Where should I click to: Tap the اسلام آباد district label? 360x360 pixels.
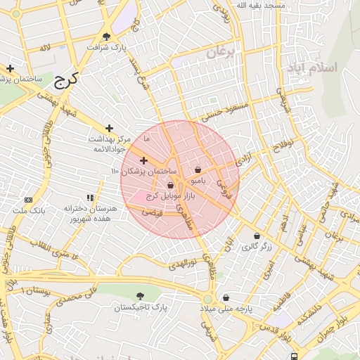[x=312, y=68]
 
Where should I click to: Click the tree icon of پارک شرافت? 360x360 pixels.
[x=107, y=37]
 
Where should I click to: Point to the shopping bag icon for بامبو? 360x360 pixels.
[x=198, y=169]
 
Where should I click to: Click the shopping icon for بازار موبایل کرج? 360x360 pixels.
[x=170, y=186]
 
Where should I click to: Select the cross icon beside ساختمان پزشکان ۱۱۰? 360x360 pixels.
[x=144, y=161]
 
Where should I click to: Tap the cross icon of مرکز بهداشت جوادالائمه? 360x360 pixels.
[x=110, y=128]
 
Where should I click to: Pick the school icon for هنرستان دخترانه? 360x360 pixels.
[x=90, y=198]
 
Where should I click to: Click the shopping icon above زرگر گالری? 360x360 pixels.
[x=257, y=236]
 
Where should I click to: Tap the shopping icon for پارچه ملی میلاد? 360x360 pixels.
[x=226, y=297]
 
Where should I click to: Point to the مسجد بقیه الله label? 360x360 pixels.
[x=261, y=5]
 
